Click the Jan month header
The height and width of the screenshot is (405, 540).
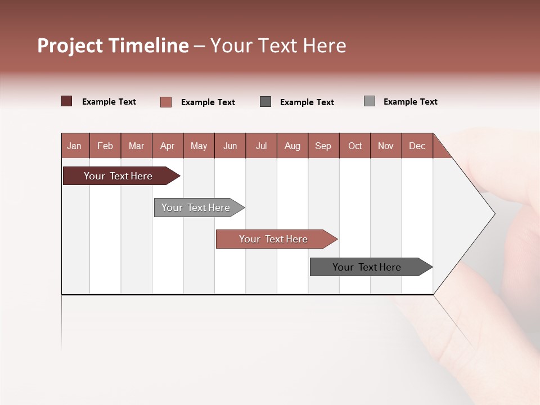(74, 146)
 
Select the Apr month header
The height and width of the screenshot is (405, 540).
(167, 146)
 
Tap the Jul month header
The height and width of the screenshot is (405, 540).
(261, 146)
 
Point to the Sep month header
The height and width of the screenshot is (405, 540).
(323, 146)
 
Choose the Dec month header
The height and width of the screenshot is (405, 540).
(417, 146)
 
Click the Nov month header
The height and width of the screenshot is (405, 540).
(385, 146)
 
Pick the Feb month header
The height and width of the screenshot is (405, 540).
(105, 146)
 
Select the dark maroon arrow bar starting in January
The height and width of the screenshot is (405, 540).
(118, 176)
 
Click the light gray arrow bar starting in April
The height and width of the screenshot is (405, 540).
(196, 208)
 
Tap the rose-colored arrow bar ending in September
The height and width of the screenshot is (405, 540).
(273, 239)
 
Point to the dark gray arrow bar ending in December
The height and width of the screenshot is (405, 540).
(367, 267)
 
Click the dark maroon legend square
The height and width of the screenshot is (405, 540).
(67, 101)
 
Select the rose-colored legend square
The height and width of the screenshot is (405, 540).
(166, 102)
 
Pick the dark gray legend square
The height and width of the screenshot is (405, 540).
(265, 101)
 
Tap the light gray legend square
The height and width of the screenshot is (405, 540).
(370, 101)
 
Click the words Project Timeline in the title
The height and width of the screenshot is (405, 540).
(112, 46)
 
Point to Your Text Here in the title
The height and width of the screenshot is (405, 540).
(278, 46)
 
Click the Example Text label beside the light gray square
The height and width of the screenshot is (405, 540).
(410, 102)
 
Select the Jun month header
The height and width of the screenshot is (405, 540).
(229, 146)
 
